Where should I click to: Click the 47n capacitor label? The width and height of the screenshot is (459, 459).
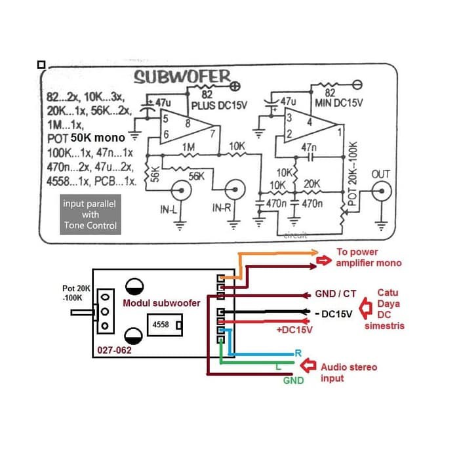[x=308, y=148]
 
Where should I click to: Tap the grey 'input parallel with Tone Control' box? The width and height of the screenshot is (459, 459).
[x=89, y=214]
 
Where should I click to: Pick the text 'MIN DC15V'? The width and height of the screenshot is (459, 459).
[x=338, y=103]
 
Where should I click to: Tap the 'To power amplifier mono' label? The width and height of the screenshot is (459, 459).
[x=369, y=257]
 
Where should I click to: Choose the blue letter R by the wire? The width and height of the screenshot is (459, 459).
[x=298, y=353]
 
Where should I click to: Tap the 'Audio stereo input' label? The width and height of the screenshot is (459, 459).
[x=348, y=372]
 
